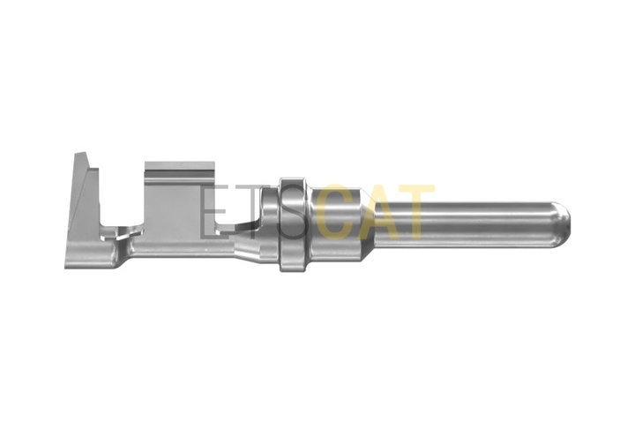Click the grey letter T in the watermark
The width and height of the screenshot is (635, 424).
251,212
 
